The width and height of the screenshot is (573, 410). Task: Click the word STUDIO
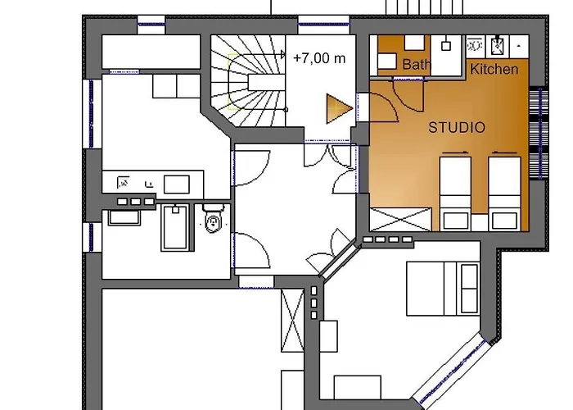457,128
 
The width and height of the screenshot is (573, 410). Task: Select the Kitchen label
494,70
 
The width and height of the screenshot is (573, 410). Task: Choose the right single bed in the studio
505,192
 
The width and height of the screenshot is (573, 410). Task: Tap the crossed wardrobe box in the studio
400,219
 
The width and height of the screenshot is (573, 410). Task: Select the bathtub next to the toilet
174,227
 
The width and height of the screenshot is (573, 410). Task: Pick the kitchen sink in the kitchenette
475,43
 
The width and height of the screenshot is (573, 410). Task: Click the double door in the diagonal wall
337,262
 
